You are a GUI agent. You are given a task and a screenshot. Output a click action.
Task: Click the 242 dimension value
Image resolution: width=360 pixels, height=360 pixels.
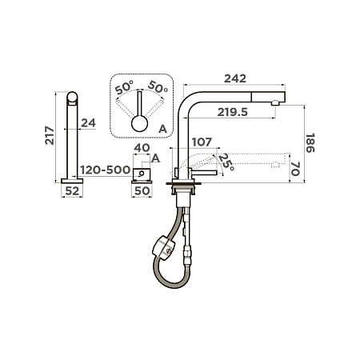point(235,78)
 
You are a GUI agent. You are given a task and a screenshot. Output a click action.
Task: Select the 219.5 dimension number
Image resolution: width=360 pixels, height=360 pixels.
point(233,113)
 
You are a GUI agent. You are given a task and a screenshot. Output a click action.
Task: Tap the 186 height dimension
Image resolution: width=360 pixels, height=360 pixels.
point(310,143)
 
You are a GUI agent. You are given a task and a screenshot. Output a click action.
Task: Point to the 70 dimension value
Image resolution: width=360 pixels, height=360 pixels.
point(295,169)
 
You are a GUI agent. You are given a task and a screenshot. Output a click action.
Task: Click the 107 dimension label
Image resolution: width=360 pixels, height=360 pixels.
point(202,142)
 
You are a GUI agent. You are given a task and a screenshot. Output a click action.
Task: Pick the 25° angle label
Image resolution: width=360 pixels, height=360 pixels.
point(226,162)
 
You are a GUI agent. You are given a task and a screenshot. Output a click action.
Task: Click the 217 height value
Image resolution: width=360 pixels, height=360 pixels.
point(50,135)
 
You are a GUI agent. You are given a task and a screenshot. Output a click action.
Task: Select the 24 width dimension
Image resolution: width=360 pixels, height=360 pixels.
point(88,123)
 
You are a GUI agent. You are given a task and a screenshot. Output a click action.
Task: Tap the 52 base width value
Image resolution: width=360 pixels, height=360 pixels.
point(72,191)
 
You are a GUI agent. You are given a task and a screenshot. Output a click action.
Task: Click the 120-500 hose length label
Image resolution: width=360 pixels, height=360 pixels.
point(106,170)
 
